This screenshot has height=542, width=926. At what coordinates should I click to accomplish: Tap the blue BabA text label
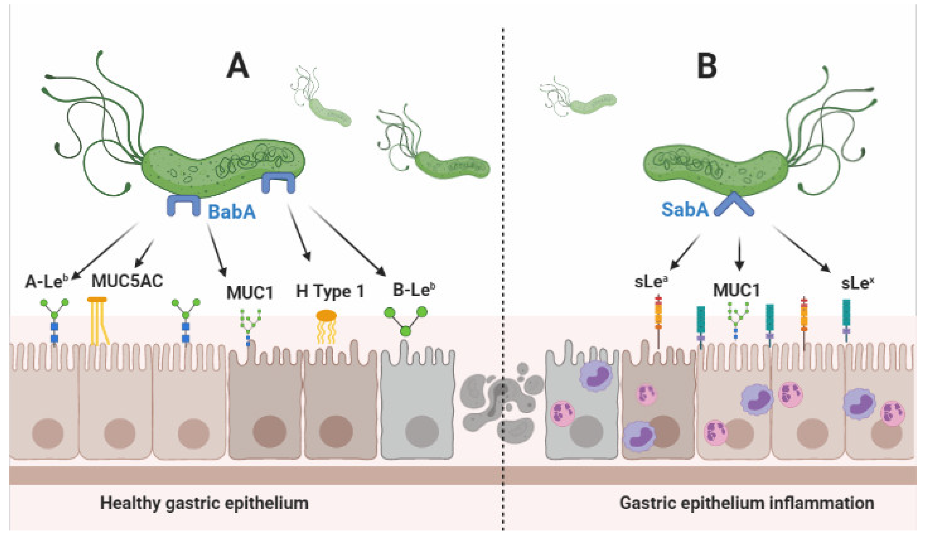(231, 212)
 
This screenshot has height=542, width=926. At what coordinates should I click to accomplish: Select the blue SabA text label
(684, 210)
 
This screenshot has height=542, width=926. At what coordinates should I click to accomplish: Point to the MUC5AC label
(127, 281)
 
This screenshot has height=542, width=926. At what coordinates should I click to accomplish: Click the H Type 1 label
(330, 291)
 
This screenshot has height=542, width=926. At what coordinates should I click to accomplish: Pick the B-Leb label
(414, 290)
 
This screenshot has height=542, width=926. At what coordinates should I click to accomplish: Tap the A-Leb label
(47, 282)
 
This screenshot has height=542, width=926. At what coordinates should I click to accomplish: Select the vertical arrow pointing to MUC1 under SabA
(739, 254)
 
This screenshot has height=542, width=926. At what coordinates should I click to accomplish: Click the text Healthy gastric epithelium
(204, 503)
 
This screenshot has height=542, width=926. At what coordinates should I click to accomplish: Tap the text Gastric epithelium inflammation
(746, 503)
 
